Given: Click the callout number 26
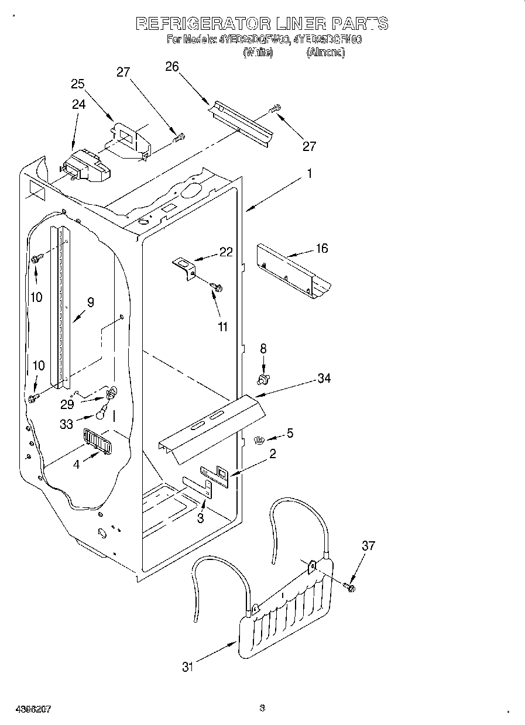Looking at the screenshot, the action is click(171, 66).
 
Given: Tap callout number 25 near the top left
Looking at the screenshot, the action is click(78, 84).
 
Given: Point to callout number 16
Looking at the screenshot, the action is click(321, 248).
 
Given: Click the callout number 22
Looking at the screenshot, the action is click(226, 252).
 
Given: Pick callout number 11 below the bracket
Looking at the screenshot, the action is click(222, 327).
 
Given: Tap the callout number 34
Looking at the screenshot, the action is click(324, 378).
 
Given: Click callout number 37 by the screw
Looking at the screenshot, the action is click(368, 546).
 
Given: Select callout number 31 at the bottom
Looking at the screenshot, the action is click(187, 666).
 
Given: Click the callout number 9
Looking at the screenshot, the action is click(90, 303).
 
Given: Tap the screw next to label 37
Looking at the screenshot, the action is click(349, 586).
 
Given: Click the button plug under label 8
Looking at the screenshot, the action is click(263, 380).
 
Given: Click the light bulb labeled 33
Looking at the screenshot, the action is click(102, 415).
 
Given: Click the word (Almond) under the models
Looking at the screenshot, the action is click(325, 52).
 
